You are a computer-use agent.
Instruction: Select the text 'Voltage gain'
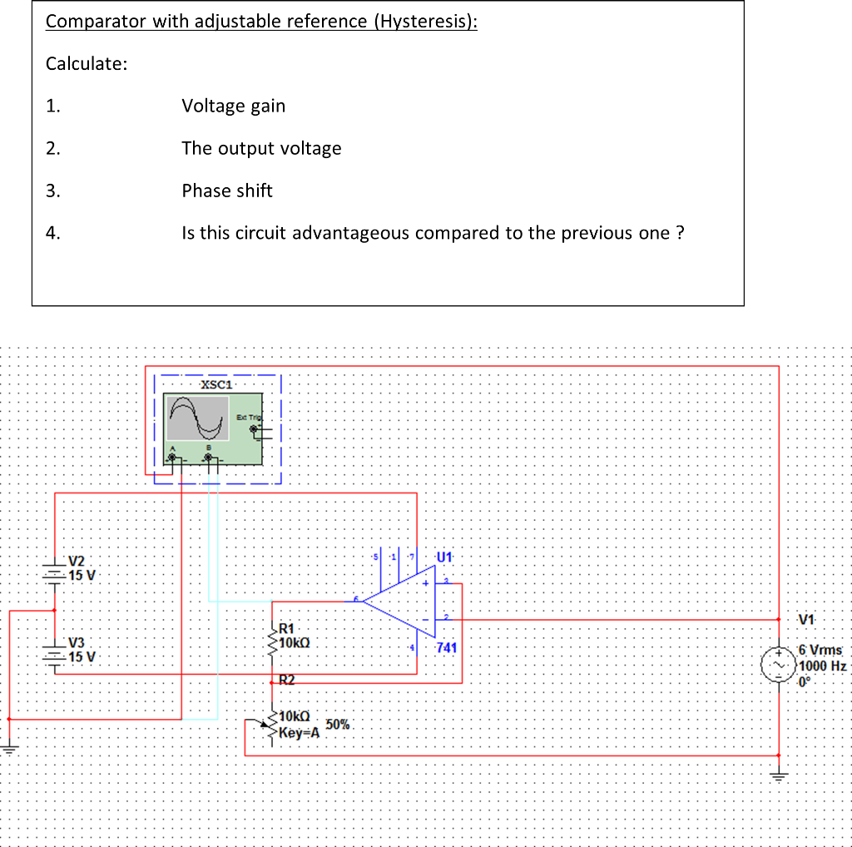click(x=233, y=106)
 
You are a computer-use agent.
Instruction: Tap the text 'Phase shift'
click(x=227, y=191)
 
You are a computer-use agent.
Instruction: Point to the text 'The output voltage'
click(x=261, y=148)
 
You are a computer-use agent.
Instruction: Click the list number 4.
click(x=53, y=233)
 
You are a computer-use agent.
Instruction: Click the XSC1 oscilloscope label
click(x=217, y=384)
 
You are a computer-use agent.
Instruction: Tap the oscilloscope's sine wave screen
click(x=198, y=418)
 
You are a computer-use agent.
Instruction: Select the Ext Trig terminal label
click(x=248, y=417)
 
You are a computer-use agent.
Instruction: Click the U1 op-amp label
click(x=443, y=556)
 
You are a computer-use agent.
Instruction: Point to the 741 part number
click(x=446, y=646)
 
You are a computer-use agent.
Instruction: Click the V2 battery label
click(x=77, y=561)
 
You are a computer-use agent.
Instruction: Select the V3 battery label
click(x=77, y=642)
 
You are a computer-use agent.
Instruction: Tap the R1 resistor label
click(x=287, y=629)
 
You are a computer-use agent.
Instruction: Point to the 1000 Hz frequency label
click(x=822, y=666)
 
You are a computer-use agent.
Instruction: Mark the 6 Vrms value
click(x=820, y=650)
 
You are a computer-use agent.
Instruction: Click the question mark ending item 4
click(x=680, y=233)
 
